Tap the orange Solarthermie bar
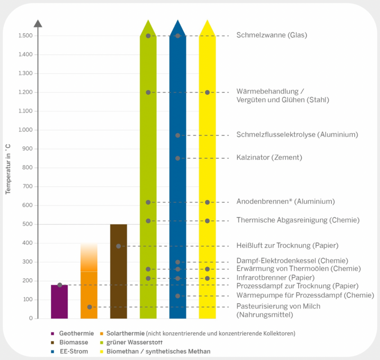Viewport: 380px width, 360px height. pyautogui.click(x=89, y=285)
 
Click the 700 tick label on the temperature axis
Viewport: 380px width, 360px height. pyautogui.click(x=27, y=186)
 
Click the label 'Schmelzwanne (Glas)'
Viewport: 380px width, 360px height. pyautogui.click(x=272, y=35)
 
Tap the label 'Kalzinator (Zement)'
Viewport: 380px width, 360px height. pyautogui.click(x=269, y=157)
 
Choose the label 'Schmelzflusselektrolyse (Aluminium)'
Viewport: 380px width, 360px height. pyautogui.click(x=297, y=135)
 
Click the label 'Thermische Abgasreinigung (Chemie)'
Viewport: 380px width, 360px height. pyautogui.click(x=298, y=220)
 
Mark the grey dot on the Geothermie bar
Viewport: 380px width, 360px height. pyautogui.click(x=60, y=285)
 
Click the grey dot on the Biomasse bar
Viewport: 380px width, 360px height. pyautogui.click(x=118, y=246)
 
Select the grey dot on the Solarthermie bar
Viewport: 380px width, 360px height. pyautogui.click(x=89, y=307)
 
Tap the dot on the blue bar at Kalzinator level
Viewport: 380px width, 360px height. pyautogui.click(x=178, y=158)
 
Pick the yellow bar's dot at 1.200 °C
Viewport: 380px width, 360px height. pyautogui.click(x=207, y=92)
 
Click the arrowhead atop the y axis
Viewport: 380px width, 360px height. pyautogui.click(x=38, y=23)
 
